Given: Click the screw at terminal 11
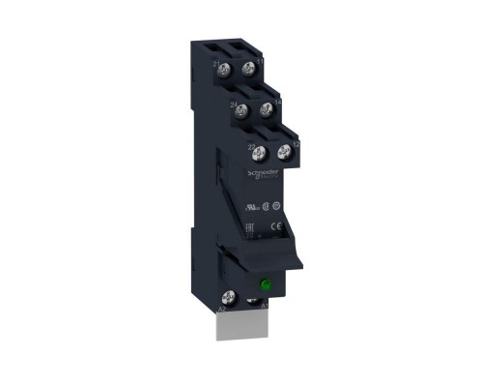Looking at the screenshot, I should (x=249, y=69).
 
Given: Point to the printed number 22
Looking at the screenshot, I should (x=252, y=146).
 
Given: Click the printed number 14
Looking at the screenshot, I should (x=277, y=102).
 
